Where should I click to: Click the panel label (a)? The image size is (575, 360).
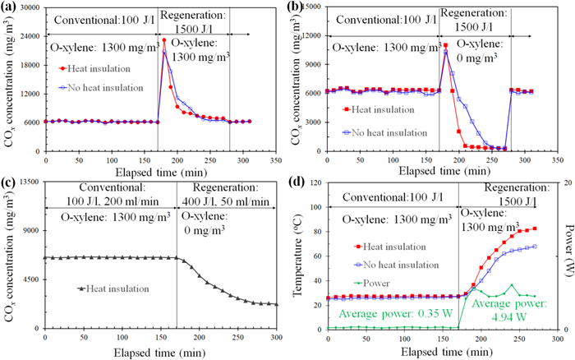tap(11, 8)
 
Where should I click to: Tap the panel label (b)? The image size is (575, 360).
tap(300, 8)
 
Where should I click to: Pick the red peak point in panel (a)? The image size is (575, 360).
tap(163, 39)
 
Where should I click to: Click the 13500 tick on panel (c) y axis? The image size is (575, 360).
tap(25, 194)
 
